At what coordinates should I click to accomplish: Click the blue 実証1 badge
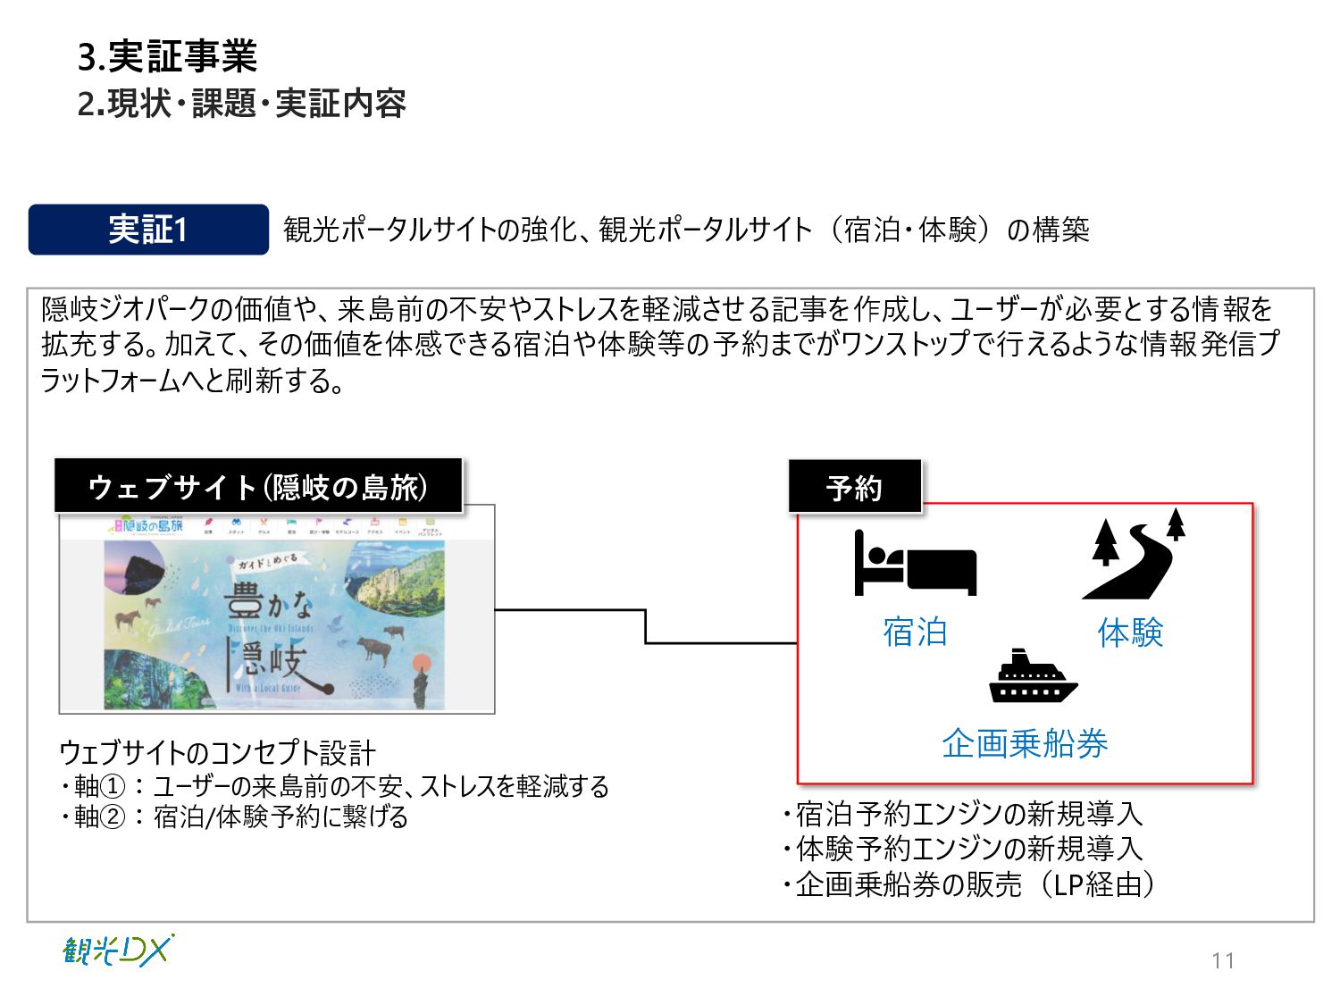click(148, 230)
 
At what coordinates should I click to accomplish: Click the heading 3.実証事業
click(167, 57)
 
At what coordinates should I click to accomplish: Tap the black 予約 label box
click(854, 487)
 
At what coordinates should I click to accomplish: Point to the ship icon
click(1033, 676)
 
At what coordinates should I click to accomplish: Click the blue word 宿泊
click(915, 632)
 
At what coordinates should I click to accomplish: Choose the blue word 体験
click(1130, 632)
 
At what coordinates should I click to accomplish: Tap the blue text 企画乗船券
click(1025, 743)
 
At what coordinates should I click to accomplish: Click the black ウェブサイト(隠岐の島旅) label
click(258, 487)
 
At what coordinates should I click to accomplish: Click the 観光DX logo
click(118, 951)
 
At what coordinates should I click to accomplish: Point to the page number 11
click(1223, 960)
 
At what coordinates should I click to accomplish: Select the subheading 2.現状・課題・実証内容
click(241, 104)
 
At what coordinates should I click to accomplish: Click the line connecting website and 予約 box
click(645, 625)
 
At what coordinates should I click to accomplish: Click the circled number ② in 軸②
click(113, 817)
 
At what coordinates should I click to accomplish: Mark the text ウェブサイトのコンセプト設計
click(217, 753)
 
